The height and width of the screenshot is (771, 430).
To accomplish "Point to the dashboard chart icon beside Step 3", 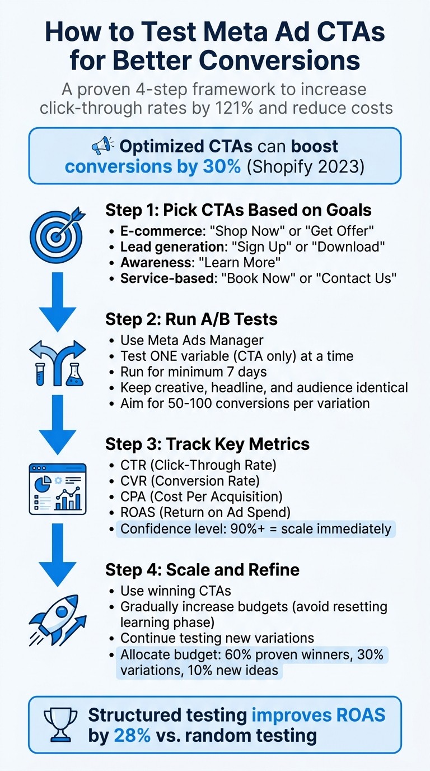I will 58,489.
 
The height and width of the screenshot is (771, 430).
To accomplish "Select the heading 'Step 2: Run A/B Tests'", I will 191,319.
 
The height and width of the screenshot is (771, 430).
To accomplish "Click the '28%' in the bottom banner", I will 132,735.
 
